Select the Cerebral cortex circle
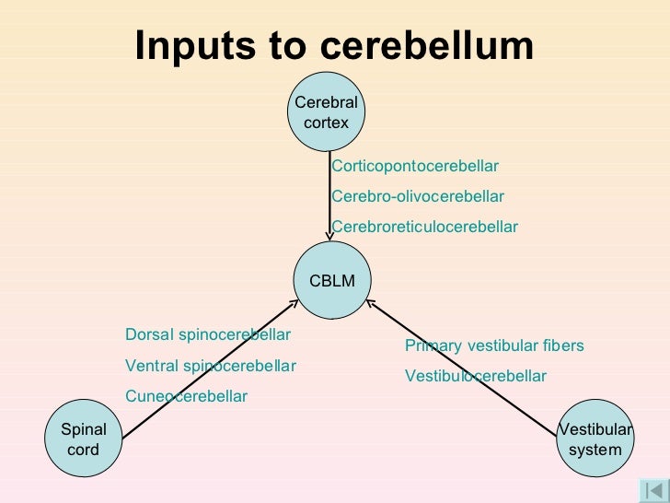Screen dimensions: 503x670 (326, 112)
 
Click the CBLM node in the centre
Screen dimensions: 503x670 (331, 281)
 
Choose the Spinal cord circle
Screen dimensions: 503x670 (84, 439)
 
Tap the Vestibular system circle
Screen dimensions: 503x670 (595, 439)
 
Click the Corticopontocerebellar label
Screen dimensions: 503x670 (414, 167)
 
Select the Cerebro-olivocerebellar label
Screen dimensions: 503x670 (417, 197)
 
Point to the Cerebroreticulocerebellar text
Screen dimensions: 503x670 (424, 227)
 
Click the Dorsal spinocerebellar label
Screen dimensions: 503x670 (207, 334)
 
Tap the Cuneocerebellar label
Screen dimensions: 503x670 (186, 397)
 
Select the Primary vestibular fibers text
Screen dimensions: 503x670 (494, 346)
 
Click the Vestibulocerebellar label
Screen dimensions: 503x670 (476, 377)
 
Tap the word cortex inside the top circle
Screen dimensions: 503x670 (326, 122)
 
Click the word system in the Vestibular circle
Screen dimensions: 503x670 (595, 450)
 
